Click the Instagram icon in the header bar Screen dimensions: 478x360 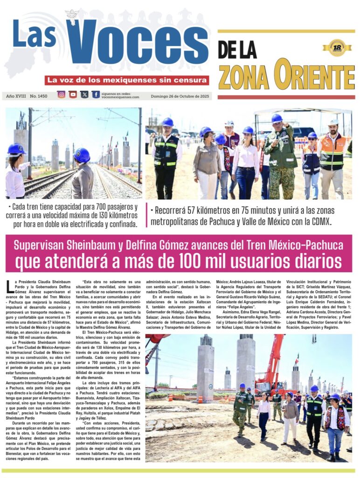[61, 94]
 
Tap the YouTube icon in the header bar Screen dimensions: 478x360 [73, 94]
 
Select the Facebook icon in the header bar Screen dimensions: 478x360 [96, 94]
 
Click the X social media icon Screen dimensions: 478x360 [84, 94]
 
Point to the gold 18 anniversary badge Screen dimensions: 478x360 [337, 48]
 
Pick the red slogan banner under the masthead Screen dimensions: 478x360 [127, 80]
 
